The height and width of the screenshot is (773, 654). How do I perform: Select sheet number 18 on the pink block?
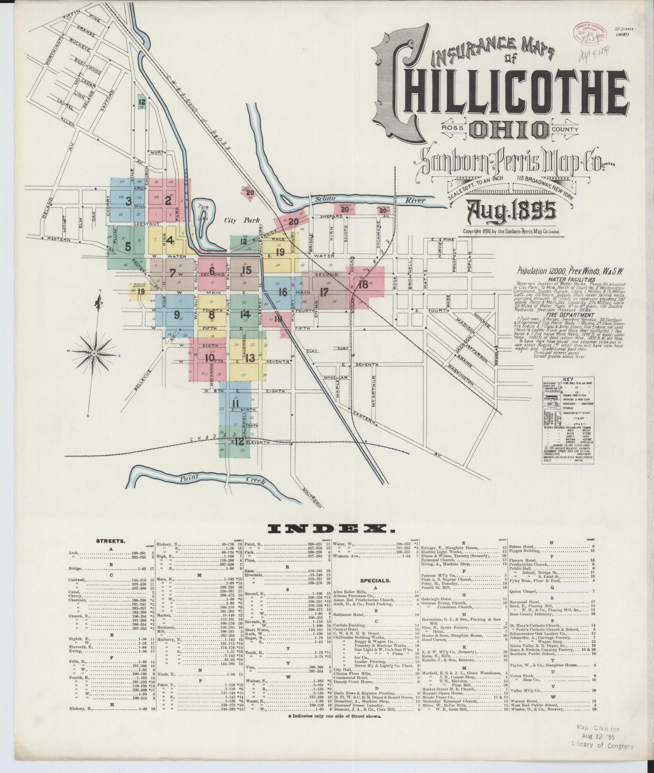tap(363, 284)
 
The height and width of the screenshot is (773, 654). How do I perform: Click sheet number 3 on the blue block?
tap(129, 201)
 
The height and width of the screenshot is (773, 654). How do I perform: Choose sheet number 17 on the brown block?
tap(324, 292)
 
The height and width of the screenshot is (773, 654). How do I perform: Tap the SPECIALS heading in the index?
tap(375, 580)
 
